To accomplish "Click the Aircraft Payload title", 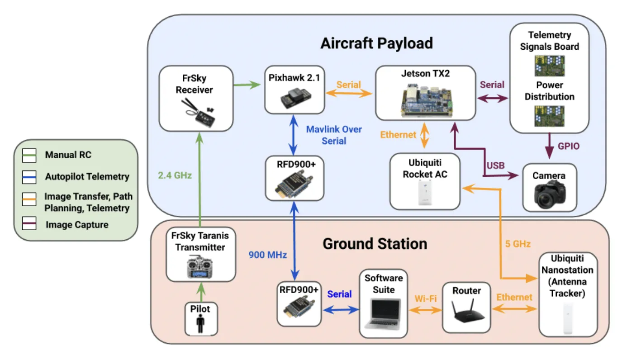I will point(376,43).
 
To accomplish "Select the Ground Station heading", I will point(375,244).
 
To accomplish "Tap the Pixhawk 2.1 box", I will point(294,89).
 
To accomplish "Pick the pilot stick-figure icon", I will point(201,324).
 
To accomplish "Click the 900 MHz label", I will point(267,255).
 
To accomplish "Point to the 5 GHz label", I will point(518,244).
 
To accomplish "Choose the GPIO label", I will point(568,146).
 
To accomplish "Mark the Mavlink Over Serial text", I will point(334,135).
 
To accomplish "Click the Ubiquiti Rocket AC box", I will point(425,181).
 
